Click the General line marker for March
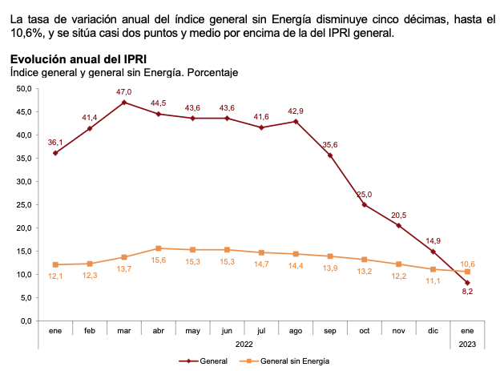click(x=124, y=103)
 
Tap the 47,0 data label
click(x=124, y=92)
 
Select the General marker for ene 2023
click(x=467, y=283)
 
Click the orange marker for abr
click(x=159, y=248)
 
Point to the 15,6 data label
click(x=159, y=260)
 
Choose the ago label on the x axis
click(x=296, y=331)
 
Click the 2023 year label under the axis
click(x=467, y=345)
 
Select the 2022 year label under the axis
click(x=244, y=345)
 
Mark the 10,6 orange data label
click(x=467, y=264)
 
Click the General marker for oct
click(x=364, y=205)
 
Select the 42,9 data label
click(x=296, y=111)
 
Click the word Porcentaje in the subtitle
click(x=212, y=72)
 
